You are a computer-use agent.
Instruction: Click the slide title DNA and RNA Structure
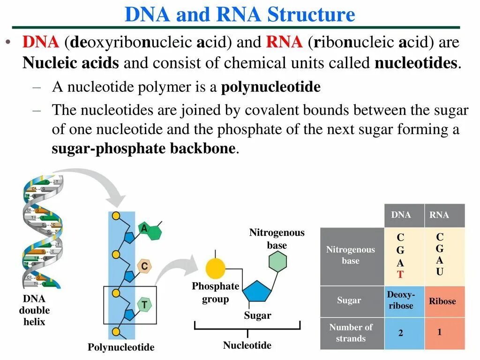tap(240, 15)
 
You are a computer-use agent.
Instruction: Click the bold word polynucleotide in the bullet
tap(270, 87)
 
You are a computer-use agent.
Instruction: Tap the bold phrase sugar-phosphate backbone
tap(143, 149)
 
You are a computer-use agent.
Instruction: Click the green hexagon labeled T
tap(144, 305)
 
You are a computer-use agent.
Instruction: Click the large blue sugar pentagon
tap(257, 293)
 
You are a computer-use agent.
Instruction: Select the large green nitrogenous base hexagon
tap(277, 262)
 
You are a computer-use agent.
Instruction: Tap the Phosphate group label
tap(215, 292)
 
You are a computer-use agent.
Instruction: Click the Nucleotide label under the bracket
tap(247, 345)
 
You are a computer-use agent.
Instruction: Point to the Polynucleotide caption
tap(121, 347)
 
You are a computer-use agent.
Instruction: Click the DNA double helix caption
tap(34, 310)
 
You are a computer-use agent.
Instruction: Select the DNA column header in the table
tap(401, 215)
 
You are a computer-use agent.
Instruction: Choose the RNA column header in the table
tap(439, 215)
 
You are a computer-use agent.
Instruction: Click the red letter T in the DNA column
tap(400, 275)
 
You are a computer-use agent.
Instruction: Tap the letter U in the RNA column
tap(440, 271)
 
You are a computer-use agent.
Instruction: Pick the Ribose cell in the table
tap(442, 301)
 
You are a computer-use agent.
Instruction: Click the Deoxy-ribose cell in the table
tap(401, 300)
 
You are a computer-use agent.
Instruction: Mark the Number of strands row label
tap(351, 333)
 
